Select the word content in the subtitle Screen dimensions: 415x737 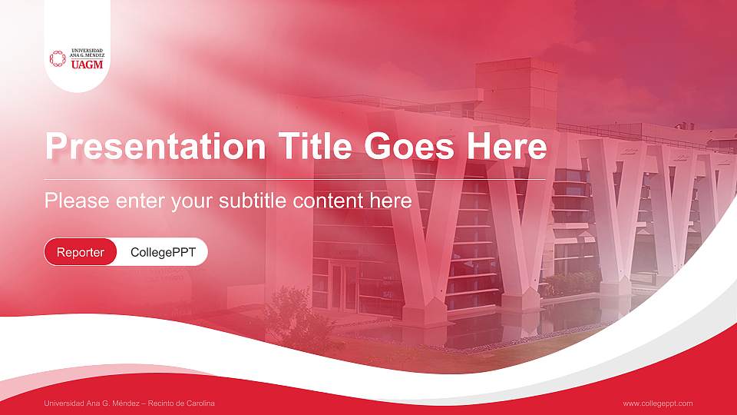click(329, 201)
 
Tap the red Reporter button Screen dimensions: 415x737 click(81, 252)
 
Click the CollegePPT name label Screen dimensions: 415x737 click(163, 252)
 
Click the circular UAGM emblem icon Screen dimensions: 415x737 click(58, 58)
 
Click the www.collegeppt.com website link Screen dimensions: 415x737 click(657, 403)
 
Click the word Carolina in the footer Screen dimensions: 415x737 click(200, 403)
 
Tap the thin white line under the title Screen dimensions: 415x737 click(296, 179)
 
